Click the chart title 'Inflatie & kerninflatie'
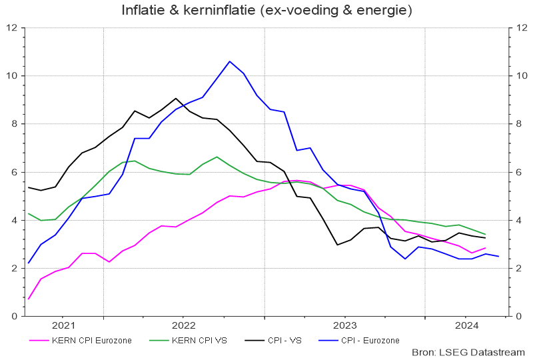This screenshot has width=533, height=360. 266,11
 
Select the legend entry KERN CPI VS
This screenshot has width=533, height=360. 198,340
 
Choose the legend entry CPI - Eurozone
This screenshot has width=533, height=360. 370,340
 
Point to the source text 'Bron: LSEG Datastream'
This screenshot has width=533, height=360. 469,352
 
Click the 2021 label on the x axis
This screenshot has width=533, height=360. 63,326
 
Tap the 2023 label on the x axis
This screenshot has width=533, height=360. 344,326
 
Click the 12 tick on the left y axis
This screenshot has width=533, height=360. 11,28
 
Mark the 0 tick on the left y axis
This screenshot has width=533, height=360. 14,317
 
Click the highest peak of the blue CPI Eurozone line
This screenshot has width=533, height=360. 230,61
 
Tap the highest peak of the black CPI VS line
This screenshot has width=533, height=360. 176,98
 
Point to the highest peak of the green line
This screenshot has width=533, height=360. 217,157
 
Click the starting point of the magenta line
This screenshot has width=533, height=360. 29,299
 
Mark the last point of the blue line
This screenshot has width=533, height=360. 498,257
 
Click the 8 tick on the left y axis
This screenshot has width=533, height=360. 14,124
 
